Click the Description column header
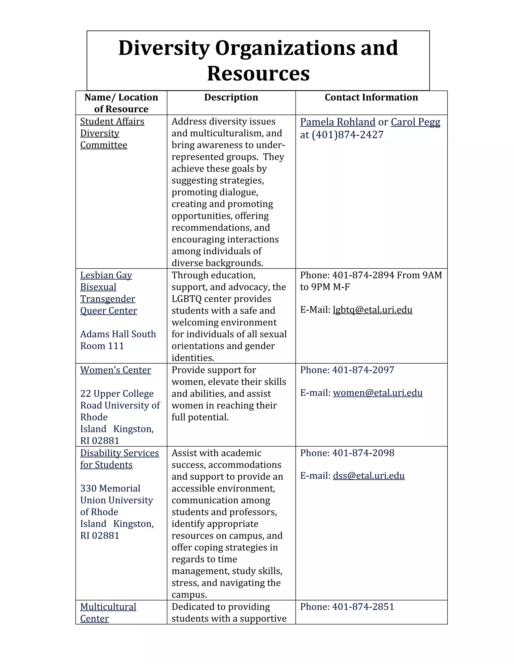click(231, 97)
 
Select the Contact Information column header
click(371, 97)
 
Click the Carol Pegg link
click(415, 122)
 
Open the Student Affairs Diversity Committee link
click(112, 133)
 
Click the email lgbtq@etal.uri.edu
click(372, 310)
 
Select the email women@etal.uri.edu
click(377, 393)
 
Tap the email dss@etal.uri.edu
click(368, 476)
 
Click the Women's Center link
click(115, 370)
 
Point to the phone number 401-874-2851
click(363, 607)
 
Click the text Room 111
click(102, 346)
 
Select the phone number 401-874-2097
click(363, 370)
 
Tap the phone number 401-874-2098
click(363, 453)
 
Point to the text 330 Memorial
click(110, 489)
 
